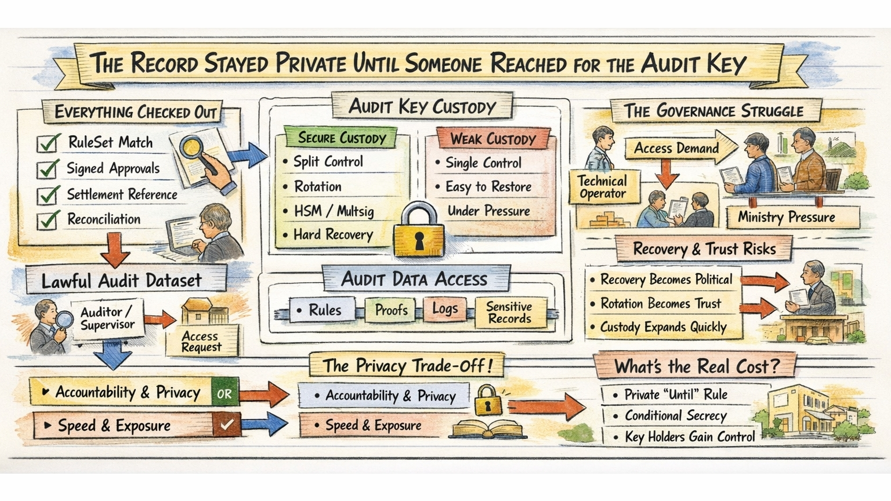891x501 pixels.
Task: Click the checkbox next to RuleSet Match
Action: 48,143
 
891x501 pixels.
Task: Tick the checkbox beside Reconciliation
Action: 48,220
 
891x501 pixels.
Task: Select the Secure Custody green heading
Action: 342,138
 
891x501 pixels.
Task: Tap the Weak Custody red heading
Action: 492,139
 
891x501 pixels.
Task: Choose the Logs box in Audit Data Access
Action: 445,309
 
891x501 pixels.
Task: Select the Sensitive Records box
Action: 509,312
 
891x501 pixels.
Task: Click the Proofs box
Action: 391,310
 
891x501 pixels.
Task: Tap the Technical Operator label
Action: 603,187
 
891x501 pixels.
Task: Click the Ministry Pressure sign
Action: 786,217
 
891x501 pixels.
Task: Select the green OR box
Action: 224,394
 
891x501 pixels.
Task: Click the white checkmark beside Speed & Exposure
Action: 226,425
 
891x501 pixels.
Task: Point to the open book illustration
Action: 490,430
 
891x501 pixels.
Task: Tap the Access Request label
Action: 201,341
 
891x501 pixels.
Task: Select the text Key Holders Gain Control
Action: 689,437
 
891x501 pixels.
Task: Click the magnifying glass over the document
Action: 192,148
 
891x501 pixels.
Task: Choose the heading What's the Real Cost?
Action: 696,366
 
